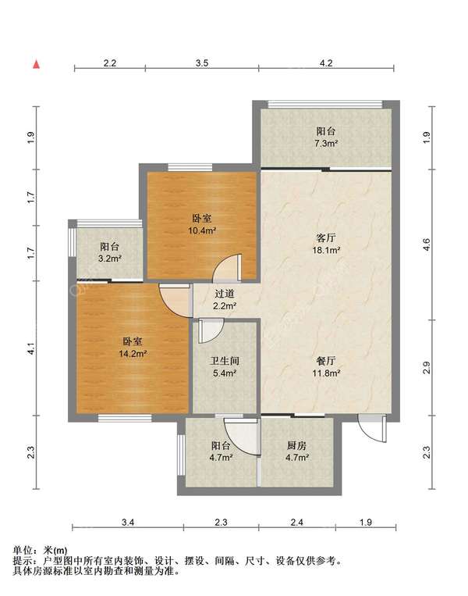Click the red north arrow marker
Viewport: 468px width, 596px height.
pos(36,65)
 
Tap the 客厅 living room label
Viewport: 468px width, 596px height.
pos(326,238)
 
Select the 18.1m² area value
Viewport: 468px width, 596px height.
pos(326,250)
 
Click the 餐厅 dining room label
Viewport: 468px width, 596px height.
pos(326,361)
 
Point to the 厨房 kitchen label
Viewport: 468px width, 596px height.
pos(296,445)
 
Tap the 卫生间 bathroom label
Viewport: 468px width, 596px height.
pos(225,361)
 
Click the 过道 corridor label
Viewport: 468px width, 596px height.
pos(225,294)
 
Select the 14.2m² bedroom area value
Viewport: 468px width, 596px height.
pos(133,354)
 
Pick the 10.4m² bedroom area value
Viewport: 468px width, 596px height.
pos(202,230)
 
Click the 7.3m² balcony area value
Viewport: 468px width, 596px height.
pos(326,143)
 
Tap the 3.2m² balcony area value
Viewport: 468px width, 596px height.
pos(109,259)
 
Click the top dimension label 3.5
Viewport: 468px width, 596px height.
pos(202,62)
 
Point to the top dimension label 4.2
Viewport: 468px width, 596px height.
pos(326,62)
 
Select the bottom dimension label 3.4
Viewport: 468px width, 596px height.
pos(128,523)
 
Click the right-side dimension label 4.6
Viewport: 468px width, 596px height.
pos(426,244)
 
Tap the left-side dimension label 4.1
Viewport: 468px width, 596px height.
pos(31,349)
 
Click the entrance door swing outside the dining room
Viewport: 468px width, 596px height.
pos(373,428)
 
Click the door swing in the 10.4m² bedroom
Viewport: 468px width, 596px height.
pos(227,269)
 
